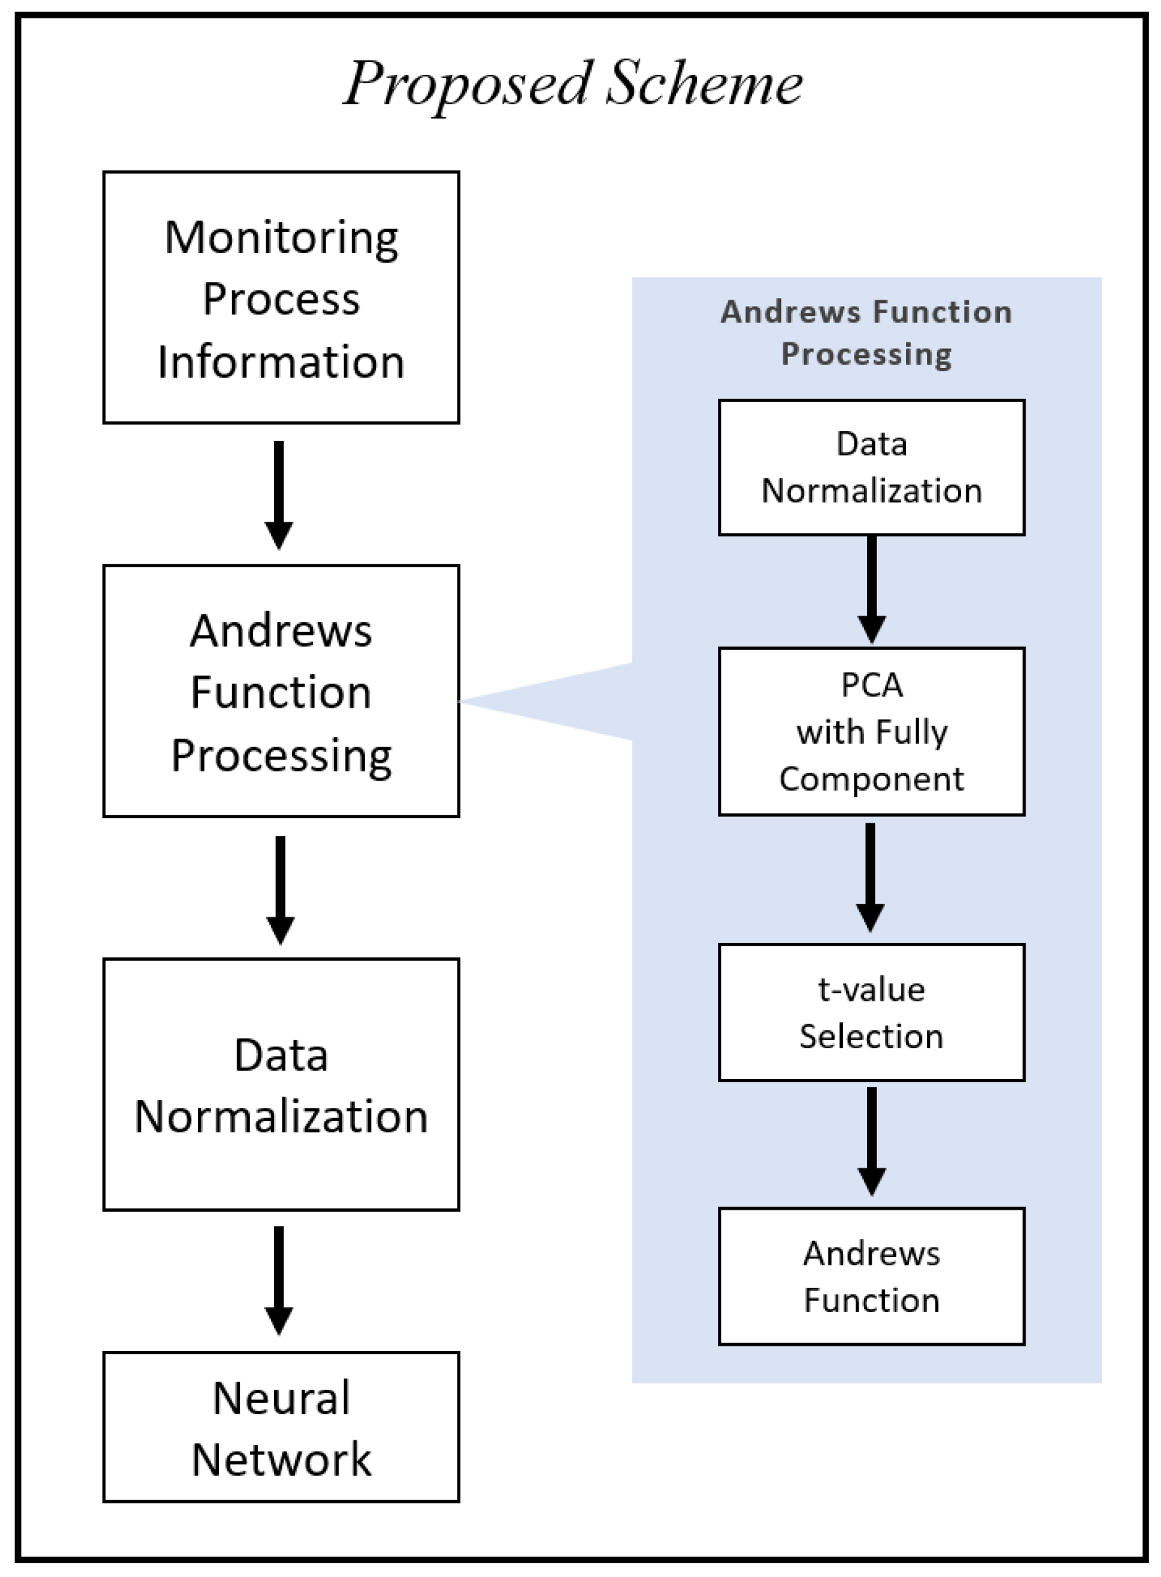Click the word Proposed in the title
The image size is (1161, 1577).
pyautogui.click(x=467, y=84)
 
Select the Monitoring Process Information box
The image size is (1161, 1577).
pyautogui.click(x=281, y=297)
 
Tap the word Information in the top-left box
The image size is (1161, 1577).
pyautogui.click(x=281, y=362)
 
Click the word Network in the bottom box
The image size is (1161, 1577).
pyautogui.click(x=281, y=1459)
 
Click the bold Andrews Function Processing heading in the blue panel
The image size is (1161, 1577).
pyautogui.click(x=866, y=332)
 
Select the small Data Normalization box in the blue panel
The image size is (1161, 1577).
pyautogui.click(x=872, y=467)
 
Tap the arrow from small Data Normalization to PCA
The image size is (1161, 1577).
pyautogui.click(x=872, y=589)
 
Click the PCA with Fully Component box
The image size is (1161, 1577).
pyautogui.click(x=872, y=731)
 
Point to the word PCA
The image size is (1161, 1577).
pyautogui.click(x=872, y=685)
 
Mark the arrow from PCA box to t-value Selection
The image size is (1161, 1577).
pyautogui.click(x=870, y=876)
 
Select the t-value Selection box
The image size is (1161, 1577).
pyautogui.click(x=872, y=1012)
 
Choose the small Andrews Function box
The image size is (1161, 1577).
pyautogui.click(x=872, y=1276)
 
